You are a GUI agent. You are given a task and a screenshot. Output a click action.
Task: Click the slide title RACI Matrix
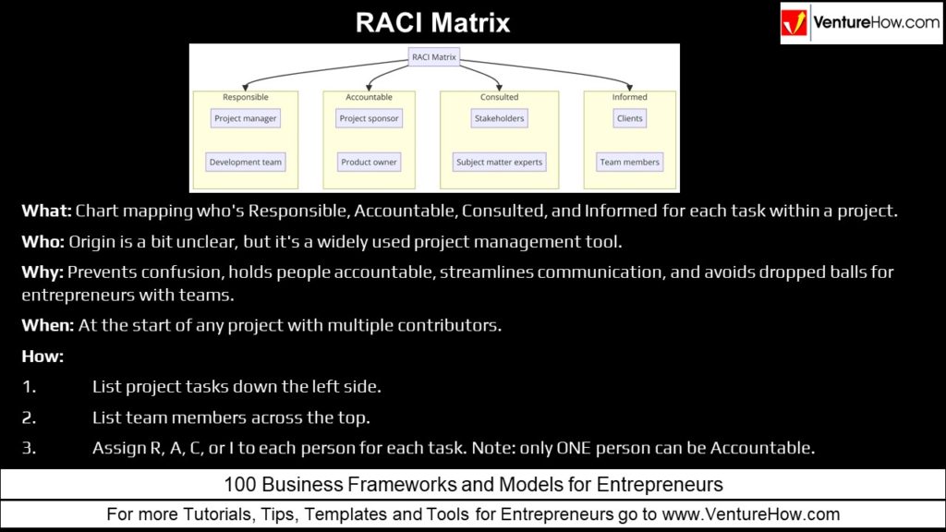click(x=433, y=23)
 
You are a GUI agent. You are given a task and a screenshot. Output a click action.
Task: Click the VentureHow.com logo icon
click(x=795, y=24)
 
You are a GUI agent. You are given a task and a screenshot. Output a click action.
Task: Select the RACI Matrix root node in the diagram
click(x=434, y=56)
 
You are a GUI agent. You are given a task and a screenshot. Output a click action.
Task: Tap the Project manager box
click(x=245, y=118)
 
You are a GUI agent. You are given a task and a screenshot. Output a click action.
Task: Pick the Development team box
click(x=245, y=162)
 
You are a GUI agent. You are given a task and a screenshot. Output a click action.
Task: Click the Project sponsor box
click(x=369, y=118)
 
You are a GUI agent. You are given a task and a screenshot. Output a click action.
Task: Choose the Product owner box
click(x=369, y=162)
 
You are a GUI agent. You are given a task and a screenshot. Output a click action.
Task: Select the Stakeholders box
click(x=499, y=118)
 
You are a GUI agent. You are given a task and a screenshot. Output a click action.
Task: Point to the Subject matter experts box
click(x=499, y=162)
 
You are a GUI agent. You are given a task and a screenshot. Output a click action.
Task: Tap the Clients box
click(x=629, y=118)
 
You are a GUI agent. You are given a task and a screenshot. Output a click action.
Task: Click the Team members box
click(x=629, y=162)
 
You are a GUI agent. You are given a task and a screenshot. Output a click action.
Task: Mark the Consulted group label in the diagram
click(x=499, y=97)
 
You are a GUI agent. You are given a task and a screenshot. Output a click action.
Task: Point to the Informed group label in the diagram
click(x=629, y=97)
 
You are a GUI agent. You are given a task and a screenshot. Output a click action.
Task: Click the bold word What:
click(x=46, y=211)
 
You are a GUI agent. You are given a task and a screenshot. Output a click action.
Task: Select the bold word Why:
click(x=42, y=272)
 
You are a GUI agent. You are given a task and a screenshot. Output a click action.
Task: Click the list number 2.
click(x=29, y=417)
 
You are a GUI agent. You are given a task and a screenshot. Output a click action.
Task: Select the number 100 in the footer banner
click(x=242, y=484)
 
